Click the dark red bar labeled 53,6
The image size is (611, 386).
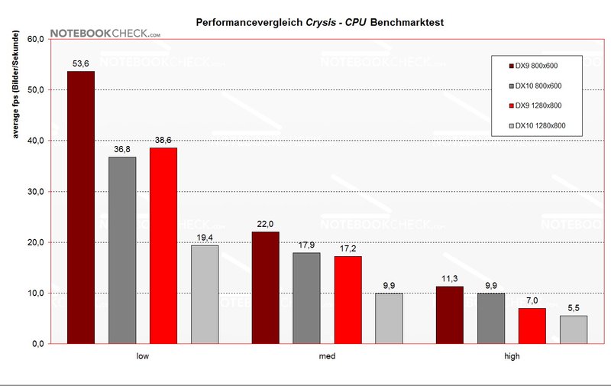81,207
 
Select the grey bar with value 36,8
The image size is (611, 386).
122,250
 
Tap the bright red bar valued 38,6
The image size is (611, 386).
163,245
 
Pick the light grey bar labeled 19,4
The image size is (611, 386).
205,294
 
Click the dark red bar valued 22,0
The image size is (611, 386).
266,287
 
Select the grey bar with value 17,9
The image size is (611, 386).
307,298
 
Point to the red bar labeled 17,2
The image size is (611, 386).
348,300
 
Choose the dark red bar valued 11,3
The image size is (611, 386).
450,315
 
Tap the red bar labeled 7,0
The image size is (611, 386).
532,326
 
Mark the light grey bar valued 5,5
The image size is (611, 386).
574,329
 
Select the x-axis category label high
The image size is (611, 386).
512,356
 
